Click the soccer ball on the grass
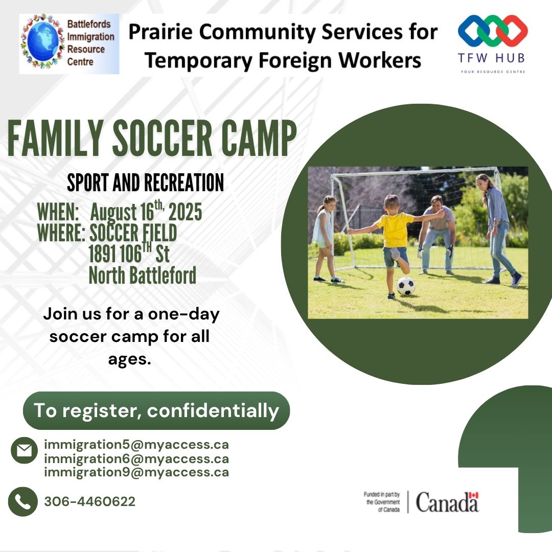pyautogui.click(x=406, y=286)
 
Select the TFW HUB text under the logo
pyautogui.click(x=492, y=58)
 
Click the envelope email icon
pyautogui.click(x=25, y=450)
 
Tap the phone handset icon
pyautogui.click(x=23, y=502)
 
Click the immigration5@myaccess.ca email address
pyautogui.click(x=136, y=445)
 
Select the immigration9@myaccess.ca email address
pyautogui.click(x=136, y=472)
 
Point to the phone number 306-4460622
pyautogui.click(x=90, y=502)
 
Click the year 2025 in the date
pyautogui.click(x=185, y=212)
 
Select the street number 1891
pyautogui.click(x=102, y=254)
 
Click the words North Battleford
pyautogui.click(x=143, y=275)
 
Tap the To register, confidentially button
pyautogui.click(x=156, y=410)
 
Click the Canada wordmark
pyautogui.click(x=447, y=502)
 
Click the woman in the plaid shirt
pyautogui.click(x=498, y=229)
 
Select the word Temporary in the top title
pyautogui.click(x=198, y=60)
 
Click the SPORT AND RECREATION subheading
pyautogui.click(x=145, y=182)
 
